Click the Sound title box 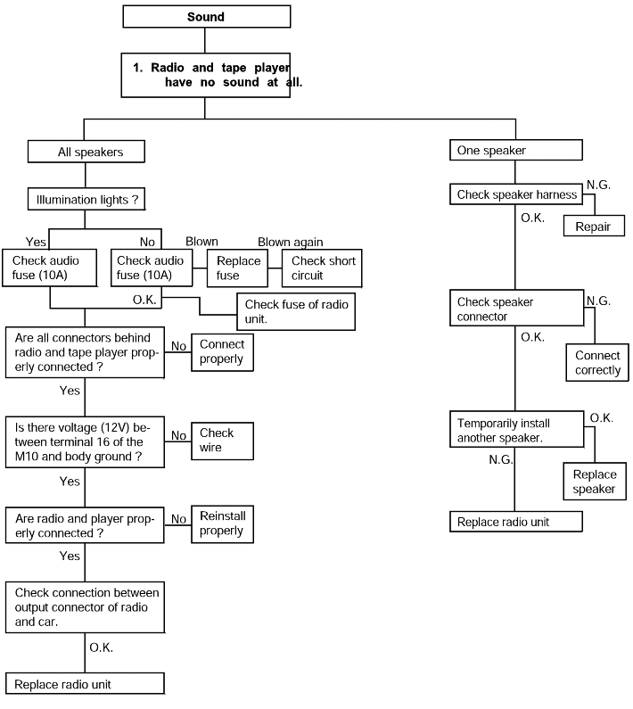[x=207, y=17]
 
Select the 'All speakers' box [x=86, y=152]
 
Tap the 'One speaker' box [x=516, y=150]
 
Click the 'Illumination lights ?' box [x=86, y=200]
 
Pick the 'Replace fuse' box [x=237, y=268]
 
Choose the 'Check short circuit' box [x=322, y=268]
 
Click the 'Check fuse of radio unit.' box [x=296, y=311]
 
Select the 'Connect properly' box [x=223, y=352]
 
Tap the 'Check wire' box [x=223, y=441]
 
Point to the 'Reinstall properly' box [x=223, y=524]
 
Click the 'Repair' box [x=594, y=227]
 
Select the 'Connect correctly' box [x=597, y=362]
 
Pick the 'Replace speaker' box [x=595, y=481]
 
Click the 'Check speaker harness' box [x=516, y=194]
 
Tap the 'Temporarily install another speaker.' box [x=517, y=429]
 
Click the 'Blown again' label [x=291, y=243]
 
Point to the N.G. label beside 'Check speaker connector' [x=598, y=301]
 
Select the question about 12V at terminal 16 [x=85, y=441]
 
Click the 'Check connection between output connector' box [x=85, y=607]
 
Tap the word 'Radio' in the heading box [x=168, y=68]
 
